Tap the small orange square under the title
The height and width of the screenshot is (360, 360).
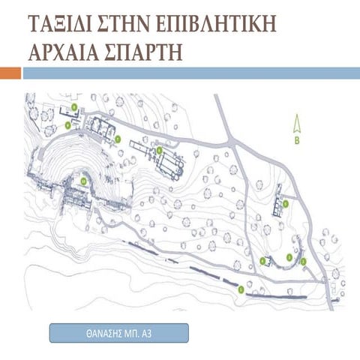pyautogui.click(x=10, y=73)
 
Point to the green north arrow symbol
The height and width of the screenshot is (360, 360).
pyautogui.click(x=296, y=121)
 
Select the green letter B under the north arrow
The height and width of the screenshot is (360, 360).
pyautogui.click(x=296, y=139)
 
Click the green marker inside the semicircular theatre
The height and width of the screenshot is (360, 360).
pyautogui.click(x=83, y=179)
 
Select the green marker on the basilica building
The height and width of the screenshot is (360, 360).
pyautogui.click(x=159, y=150)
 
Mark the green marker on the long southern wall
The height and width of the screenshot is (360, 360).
pyautogui.click(x=241, y=288)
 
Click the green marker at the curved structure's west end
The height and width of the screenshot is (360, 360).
pyautogui.click(x=262, y=260)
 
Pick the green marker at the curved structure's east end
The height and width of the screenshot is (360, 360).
pyautogui.click(x=304, y=260)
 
